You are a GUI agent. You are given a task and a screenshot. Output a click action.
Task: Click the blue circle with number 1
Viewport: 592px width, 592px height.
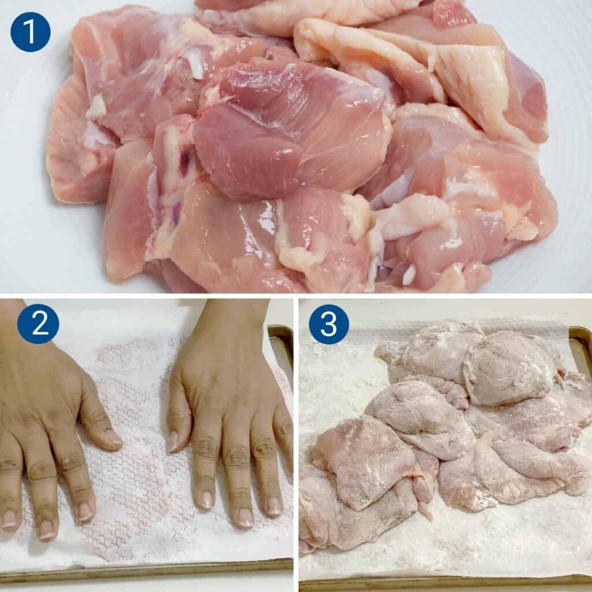[30, 32]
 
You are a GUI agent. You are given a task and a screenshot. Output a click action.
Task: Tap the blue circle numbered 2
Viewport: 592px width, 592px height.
[38, 324]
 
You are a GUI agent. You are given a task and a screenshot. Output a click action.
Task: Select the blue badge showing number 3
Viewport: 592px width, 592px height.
[329, 324]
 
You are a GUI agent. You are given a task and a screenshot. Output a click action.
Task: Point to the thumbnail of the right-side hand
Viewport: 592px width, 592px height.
[172, 442]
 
